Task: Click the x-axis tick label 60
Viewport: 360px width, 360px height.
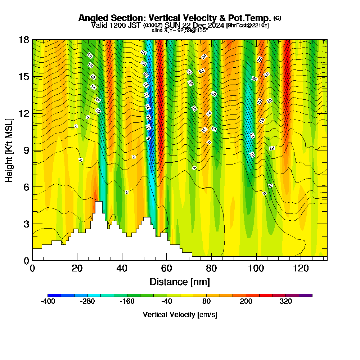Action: coord(166,268)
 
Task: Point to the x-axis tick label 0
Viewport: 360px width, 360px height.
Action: coord(32,268)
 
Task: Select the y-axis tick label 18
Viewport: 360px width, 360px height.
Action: coord(24,40)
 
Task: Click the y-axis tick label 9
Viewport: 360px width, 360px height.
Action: coord(26,150)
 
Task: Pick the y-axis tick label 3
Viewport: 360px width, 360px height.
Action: coord(26,224)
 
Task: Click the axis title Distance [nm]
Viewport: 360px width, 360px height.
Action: coord(180,282)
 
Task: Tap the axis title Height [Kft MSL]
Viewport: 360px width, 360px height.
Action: coord(9,150)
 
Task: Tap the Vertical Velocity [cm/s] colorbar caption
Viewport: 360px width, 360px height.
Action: coord(180,315)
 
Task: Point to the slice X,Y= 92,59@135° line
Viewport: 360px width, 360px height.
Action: coord(180,31)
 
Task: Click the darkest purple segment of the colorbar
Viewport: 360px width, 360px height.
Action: coord(305,295)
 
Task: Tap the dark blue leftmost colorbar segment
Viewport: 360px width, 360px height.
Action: coord(54,295)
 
